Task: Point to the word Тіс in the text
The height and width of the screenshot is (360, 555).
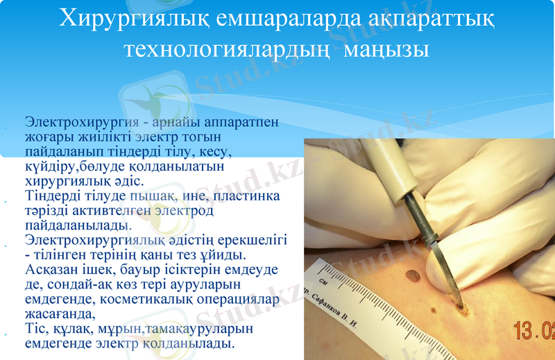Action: click(35, 328)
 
